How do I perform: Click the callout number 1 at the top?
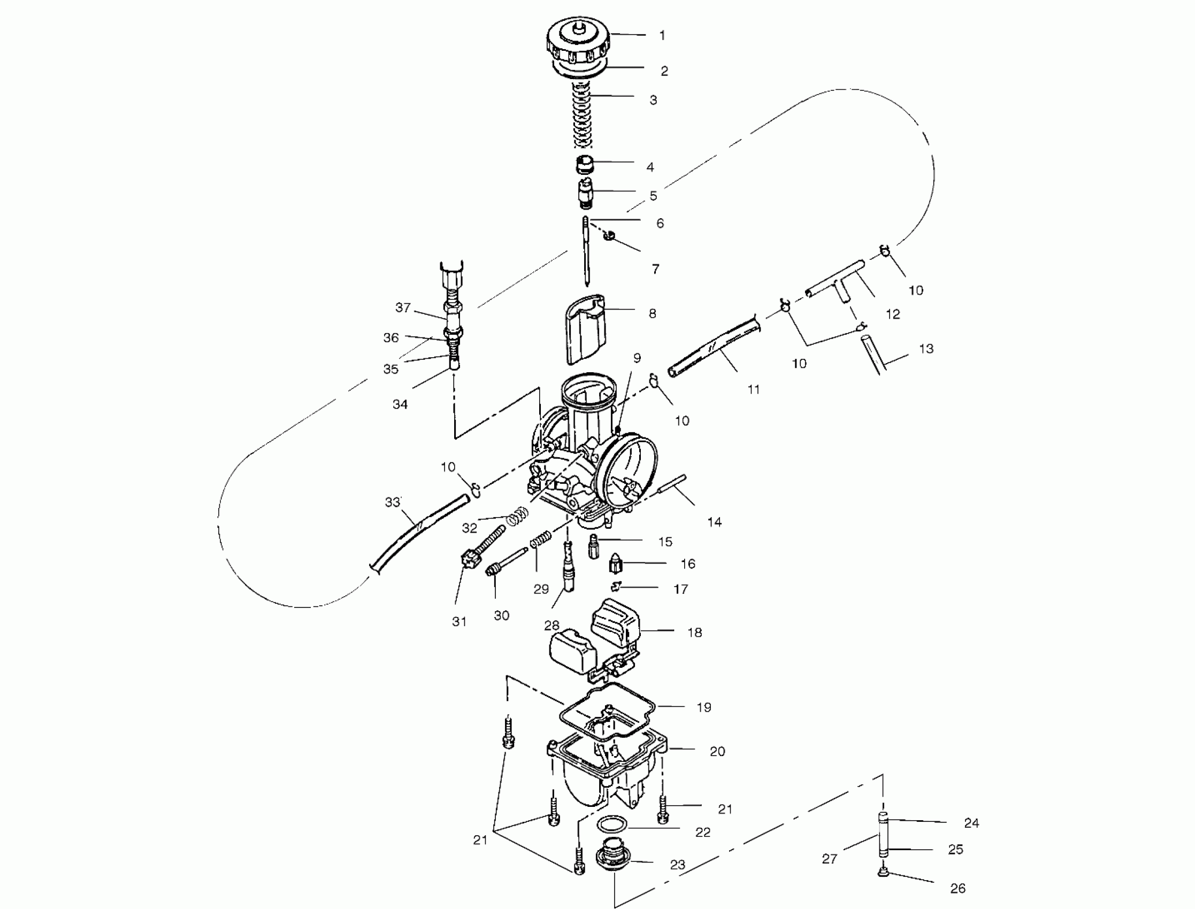(x=662, y=36)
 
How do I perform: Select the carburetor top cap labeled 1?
(x=578, y=41)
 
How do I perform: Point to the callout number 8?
(x=652, y=313)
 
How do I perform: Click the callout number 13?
(x=926, y=349)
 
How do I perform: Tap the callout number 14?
(x=715, y=522)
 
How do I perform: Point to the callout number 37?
(x=403, y=307)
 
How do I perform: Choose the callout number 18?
(x=694, y=633)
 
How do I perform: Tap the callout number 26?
(x=957, y=888)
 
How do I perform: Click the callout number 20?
(x=717, y=752)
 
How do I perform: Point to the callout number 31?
(x=459, y=622)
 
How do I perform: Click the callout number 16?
(x=687, y=564)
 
